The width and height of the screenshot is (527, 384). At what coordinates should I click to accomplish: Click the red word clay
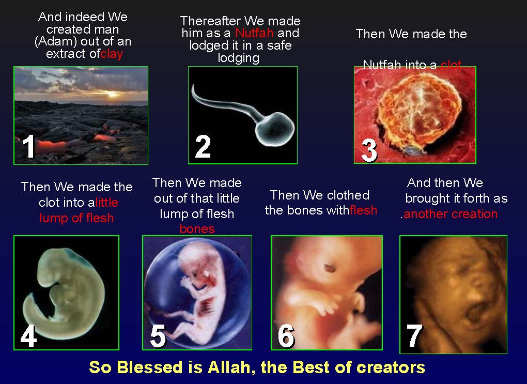tap(112, 54)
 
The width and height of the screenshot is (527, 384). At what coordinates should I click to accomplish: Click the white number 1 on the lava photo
tap(29, 146)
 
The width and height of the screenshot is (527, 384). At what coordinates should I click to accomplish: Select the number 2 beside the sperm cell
tap(203, 146)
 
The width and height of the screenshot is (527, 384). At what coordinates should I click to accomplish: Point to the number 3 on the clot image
tap(369, 150)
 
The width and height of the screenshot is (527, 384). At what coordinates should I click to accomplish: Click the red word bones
tap(197, 228)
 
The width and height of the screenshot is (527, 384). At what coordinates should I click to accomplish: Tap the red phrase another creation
tap(450, 214)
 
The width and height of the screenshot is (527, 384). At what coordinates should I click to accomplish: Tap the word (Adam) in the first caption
tap(52, 41)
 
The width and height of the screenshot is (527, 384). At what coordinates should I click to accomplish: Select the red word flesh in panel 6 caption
tap(363, 210)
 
